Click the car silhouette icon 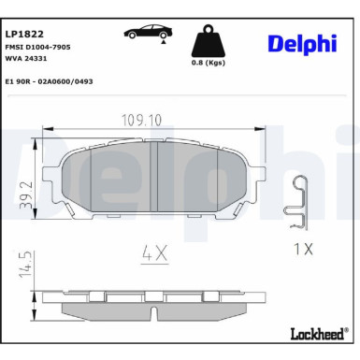click(x=147, y=32)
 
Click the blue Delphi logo click(x=301, y=44)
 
